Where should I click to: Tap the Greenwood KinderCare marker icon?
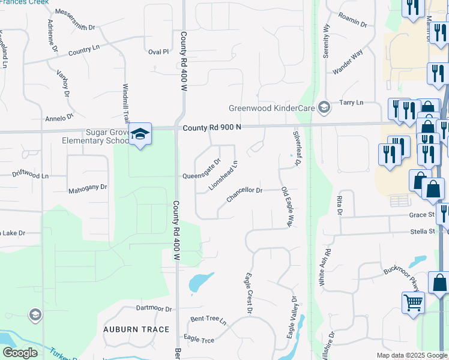pyautogui.click(x=324, y=107)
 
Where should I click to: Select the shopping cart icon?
pyautogui.click(x=413, y=302)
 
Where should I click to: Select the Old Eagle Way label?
pyautogui.click(x=286, y=207)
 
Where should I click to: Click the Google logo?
pyautogui.click(x=20, y=353)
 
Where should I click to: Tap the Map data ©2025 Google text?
pyautogui.click(x=411, y=355)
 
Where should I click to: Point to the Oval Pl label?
pyautogui.click(x=158, y=52)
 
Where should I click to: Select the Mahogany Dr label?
pyautogui.click(x=88, y=187)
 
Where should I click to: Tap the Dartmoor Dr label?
pyautogui.click(x=154, y=309)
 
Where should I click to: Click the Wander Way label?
pyautogui.click(x=348, y=62)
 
